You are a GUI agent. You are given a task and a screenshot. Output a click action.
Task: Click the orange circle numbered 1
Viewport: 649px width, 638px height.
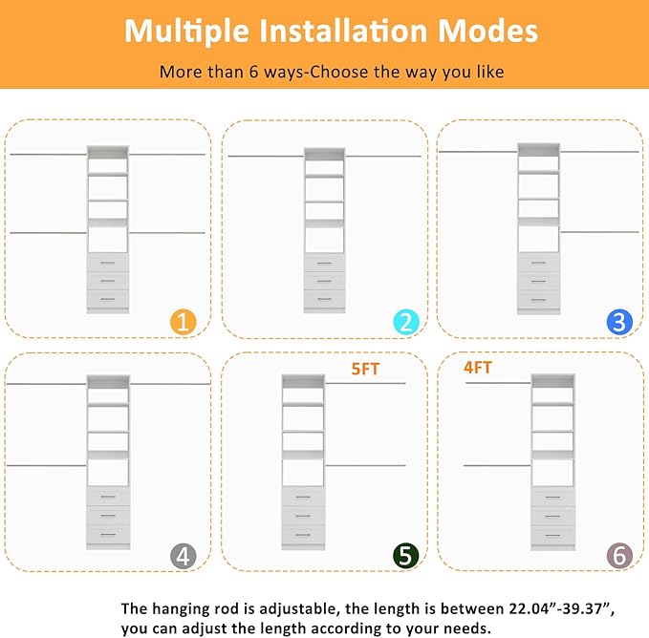pyautogui.click(x=184, y=322)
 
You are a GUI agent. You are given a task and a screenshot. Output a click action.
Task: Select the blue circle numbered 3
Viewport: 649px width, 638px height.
pyautogui.click(x=619, y=322)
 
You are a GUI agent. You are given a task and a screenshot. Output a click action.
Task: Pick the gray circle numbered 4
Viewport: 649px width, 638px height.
pyautogui.click(x=184, y=555)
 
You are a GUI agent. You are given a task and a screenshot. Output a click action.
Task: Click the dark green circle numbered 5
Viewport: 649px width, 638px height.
pyautogui.click(x=406, y=555)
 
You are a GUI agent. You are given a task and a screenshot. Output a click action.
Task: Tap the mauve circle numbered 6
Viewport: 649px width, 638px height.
pyautogui.click(x=618, y=555)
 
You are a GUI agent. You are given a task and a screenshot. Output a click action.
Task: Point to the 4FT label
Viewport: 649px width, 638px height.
pyautogui.click(x=478, y=367)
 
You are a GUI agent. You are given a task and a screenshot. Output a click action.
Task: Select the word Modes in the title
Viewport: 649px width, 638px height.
pyautogui.click(x=487, y=31)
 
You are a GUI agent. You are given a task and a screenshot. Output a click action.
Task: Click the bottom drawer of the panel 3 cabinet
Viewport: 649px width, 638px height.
pyautogui.click(x=538, y=299)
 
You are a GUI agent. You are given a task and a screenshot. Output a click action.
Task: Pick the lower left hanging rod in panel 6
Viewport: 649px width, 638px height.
pyautogui.click(x=497, y=466)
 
